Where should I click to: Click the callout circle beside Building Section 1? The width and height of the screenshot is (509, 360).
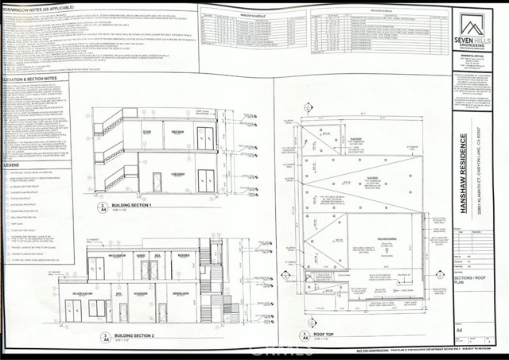(104, 208)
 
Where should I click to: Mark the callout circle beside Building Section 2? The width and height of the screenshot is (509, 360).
(104, 339)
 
